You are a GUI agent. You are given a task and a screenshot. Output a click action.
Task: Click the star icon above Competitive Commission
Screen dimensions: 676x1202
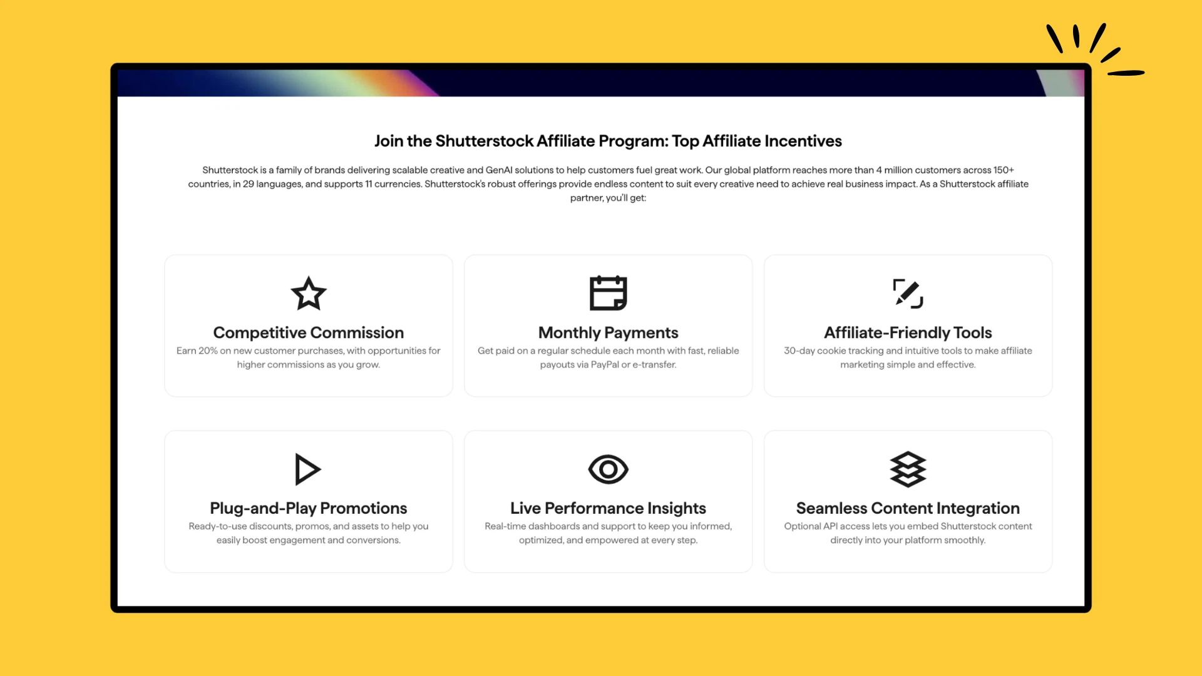pos(309,294)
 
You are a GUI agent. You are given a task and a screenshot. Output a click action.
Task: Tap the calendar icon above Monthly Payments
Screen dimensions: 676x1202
pos(608,293)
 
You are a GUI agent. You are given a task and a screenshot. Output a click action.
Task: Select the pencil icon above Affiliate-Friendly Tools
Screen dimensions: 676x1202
pos(908,293)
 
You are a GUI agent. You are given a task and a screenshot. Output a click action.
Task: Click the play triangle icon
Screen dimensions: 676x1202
pos(307,469)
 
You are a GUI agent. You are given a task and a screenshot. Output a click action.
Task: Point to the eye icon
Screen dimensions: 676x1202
pos(608,469)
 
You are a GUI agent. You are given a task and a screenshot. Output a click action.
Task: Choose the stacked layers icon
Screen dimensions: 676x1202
pos(908,469)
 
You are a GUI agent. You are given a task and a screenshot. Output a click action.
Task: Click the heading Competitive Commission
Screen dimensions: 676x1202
pos(308,332)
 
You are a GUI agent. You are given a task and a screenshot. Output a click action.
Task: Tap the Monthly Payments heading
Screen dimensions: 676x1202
pos(608,332)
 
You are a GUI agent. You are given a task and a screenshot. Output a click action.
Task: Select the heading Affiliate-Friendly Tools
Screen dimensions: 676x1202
pos(908,332)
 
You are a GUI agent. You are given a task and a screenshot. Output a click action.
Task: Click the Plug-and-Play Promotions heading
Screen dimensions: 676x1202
pos(308,508)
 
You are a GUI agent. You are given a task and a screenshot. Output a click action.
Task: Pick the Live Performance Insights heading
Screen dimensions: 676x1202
pos(608,508)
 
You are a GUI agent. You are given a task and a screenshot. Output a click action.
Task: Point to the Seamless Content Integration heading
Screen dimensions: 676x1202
pos(908,508)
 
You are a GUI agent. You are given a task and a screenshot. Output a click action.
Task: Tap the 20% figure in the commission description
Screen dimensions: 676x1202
pos(208,351)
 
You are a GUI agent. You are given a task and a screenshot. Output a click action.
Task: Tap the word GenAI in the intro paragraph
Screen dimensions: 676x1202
pos(499,170)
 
